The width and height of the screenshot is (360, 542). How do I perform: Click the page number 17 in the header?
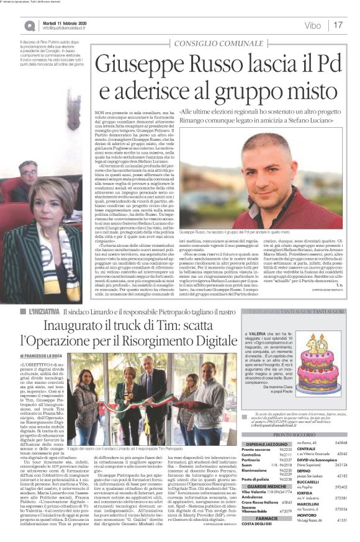coord(338,25)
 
